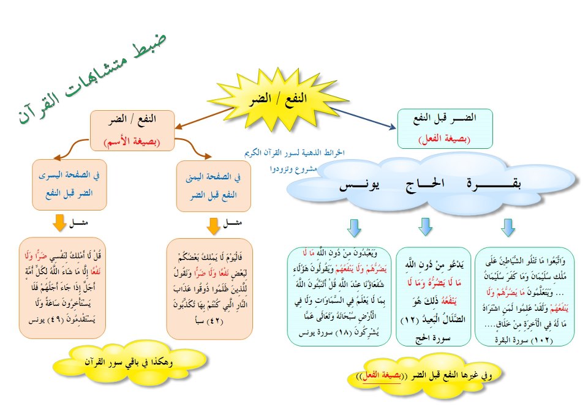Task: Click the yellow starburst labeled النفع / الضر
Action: pos(277,99)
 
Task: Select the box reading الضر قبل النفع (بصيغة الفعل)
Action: pos(445,129)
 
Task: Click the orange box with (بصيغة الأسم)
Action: pos(132,130)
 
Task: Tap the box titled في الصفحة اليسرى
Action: pos(69,184)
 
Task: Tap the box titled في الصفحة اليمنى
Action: pos(213,186)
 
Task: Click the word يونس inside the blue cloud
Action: pos(360,185)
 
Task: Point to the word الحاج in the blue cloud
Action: pos(425,184)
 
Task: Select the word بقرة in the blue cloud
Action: pos(494,184)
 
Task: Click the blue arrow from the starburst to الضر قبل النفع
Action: pos(363,118)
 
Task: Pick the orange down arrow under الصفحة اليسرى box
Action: pos(59,223)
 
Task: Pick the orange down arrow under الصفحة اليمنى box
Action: pos(213,226)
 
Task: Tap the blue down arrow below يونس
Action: pos(354,228)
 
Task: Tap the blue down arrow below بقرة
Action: pos(508,228)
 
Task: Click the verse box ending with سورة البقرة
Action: pos(524,296)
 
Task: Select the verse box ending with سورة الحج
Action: pos(433,296)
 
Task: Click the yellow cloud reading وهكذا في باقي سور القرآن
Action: pos(129,362)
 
